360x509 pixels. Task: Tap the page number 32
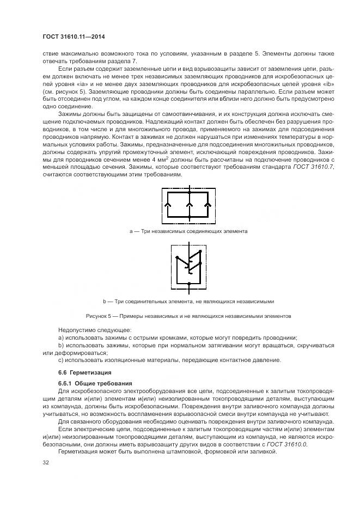coord(46,463)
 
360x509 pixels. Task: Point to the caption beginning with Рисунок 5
coord(188,316)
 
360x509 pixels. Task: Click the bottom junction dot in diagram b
coord(188,284)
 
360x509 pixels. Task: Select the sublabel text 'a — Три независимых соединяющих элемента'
coord(188,231)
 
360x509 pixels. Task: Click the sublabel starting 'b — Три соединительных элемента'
coord(188,301)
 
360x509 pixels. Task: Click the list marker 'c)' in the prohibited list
coord(61,360)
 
